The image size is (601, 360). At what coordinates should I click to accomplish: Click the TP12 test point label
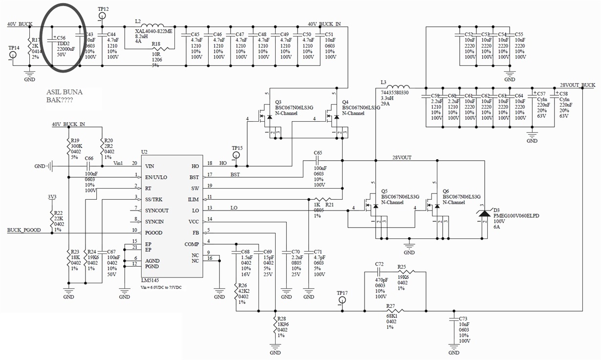(103, 9)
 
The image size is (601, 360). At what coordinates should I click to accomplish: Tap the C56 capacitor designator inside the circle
(61, 38)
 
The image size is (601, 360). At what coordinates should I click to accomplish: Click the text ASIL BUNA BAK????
(64, 96)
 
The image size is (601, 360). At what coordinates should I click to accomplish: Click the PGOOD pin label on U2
(154, 233)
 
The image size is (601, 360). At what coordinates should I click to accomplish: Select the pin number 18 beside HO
(210, 163)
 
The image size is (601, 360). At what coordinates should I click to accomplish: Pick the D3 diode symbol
(484, 213)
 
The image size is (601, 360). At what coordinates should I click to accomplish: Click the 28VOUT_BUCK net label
(577, 85)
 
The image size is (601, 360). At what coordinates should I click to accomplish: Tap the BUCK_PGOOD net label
(24, 230)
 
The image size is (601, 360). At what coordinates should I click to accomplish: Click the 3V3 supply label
(52, 197)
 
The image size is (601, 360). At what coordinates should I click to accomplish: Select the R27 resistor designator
(390, 306)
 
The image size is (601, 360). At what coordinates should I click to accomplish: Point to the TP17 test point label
(342, 293)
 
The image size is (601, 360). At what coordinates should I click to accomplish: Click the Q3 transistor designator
(279, 102)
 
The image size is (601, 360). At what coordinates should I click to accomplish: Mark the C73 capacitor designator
(463, 318)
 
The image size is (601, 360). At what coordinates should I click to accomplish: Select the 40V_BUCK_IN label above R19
(68, 125)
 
